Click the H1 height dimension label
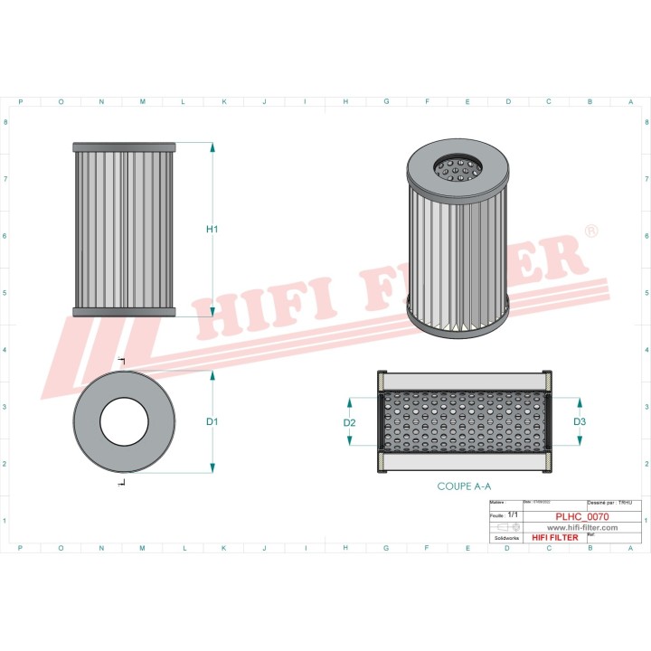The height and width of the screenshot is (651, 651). pyautogui.click(x=212, y=230)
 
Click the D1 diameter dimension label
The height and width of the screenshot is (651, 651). pyautogui.click(x=212, y=422)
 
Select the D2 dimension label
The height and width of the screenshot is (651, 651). pyautogui.click(x=350, y=422)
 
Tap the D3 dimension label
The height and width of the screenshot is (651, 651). pyautogui.click(x=580, y=421)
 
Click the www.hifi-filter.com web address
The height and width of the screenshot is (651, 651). pyautogui.click(x=581, y=527)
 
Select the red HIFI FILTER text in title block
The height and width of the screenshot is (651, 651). pyautogui.click(x=554, y=538)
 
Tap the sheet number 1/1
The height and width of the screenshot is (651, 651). pyautogui.click(x=514, y=514)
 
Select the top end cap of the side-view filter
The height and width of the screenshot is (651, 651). pyautogui.click(x=124, y=146)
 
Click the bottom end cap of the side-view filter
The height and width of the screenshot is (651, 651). pyautogui.click(x=124, y=312)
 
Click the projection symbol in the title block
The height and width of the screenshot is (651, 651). pyautogui.click(x=501, y=526)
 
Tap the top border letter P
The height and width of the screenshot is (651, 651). pyautogui.click(x=21, y=102)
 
